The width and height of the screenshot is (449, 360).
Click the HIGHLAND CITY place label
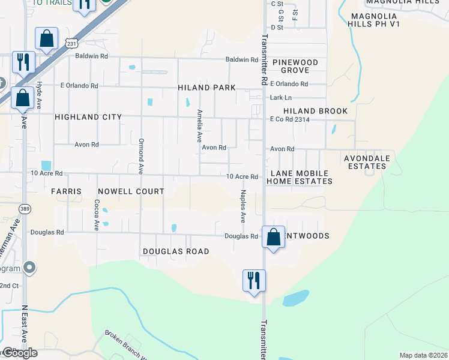tap(88, 117)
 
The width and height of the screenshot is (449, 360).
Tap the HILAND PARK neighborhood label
tap(206, 88)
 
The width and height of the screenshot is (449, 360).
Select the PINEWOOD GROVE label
tap(295, 66)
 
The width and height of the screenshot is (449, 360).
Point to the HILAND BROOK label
tap(315, 111)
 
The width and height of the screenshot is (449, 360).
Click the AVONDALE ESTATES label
tap(366, 162)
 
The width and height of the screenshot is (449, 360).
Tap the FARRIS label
tap(66, 191)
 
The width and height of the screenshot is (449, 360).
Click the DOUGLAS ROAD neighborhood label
tap(176, 251)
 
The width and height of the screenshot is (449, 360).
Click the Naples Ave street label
tap(244, 206)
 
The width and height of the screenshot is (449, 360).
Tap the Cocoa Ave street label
tap(96, 215)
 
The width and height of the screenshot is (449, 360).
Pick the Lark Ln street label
tap(280, 97)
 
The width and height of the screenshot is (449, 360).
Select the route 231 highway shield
tap(71, 44)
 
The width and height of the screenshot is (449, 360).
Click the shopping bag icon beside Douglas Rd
tap(274, 237)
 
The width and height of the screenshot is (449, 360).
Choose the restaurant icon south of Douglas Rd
tap(254, 280)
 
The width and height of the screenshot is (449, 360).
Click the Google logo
tap(19, 353)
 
